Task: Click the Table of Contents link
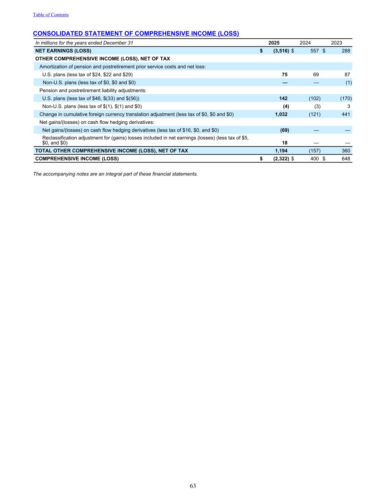(51, 15)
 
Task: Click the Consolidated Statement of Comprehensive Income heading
(136, 33)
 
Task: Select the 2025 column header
(274, 43)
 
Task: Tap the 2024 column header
(305, 43)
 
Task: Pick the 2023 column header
(336, 43)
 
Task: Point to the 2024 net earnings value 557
(314, 51)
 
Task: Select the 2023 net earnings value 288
(346, 51)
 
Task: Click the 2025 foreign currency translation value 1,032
(281, 114)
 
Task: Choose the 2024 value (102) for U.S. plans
(315, 98)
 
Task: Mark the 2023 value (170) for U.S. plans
(346, 98)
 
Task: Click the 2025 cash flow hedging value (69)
(284, 130)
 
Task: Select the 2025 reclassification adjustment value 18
(285, 143)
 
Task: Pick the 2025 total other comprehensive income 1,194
(281, 151)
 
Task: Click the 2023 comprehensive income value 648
(346, 159)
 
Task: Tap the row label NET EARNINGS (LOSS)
(63, 51)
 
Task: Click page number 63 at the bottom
(193, 486)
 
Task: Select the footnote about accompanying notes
(115, 174)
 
